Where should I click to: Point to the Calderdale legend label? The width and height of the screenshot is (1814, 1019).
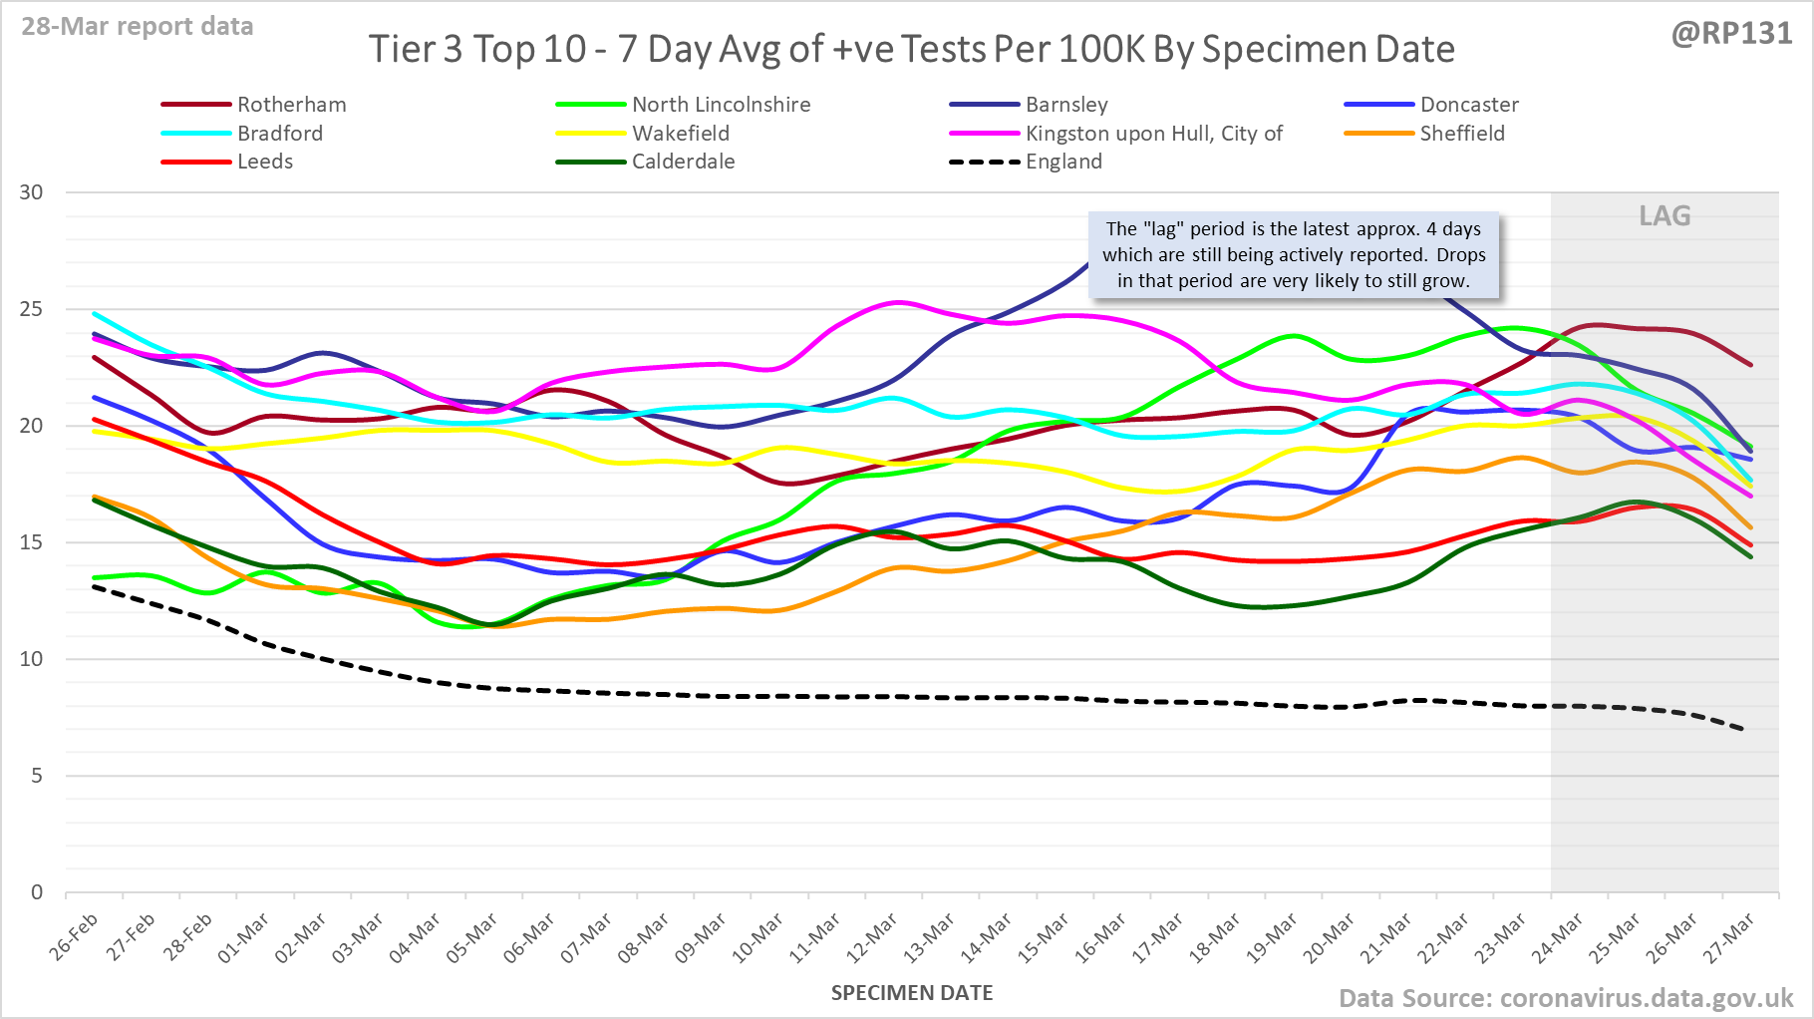pos(683,162)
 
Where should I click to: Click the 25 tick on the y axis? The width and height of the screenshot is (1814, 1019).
pos(32,309)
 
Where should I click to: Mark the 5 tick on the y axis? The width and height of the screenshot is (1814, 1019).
pos(37,776)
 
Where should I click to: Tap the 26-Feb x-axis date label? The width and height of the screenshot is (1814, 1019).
pos(75,937)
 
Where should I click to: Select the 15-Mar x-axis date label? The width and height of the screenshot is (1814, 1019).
pos(1044,937)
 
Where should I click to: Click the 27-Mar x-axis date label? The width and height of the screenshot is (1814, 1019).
pos(1729,937)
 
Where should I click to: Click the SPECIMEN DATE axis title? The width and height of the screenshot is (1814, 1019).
pos(912,993)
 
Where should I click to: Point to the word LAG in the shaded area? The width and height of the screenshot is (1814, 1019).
pos(1664,216)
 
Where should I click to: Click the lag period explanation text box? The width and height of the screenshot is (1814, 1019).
pos(1294,255)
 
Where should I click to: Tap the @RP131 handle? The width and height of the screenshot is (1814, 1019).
pos(1731,34)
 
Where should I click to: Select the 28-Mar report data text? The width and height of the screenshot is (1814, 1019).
pos(138,27)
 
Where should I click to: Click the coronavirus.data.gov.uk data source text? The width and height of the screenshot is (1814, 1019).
pos(1566,998)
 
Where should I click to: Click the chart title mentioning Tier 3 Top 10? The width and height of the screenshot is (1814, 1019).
pos(911,49)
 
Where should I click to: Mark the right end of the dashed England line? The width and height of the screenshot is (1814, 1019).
pos(1742,730)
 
